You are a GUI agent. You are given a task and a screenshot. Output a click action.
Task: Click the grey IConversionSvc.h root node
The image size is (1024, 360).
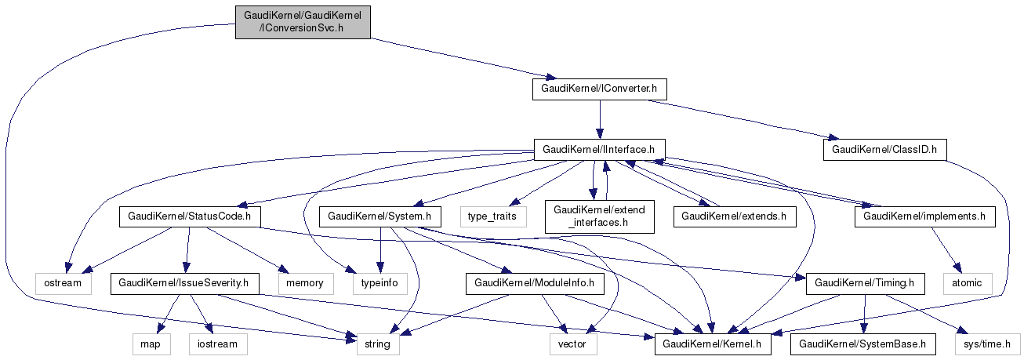pos(302,21)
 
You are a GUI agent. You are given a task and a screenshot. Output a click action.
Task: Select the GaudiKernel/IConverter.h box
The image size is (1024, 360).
pos(600,89)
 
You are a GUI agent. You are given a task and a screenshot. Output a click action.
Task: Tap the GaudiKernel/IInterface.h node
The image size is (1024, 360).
pos(600,148)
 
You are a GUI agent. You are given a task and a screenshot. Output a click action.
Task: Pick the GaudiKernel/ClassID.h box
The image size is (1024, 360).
pos(884,148)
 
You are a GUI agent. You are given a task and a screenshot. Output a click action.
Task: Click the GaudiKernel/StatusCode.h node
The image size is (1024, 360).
pos(190,216)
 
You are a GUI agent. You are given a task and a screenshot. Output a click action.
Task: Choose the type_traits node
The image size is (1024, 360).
pos(493,216)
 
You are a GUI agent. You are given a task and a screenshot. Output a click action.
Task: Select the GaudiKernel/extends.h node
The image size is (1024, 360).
pos(734,216)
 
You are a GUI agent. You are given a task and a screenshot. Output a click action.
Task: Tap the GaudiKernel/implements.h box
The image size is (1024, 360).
pos(924,216)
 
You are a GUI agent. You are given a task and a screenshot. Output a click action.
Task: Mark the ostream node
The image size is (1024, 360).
pos(63,282)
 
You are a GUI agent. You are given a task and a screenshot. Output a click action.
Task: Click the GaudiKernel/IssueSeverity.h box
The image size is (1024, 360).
pos(185,282)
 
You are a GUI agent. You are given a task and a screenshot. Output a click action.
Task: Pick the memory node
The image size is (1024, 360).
pos(300,282)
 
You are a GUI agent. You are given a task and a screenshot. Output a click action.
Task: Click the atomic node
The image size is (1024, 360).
pos(967,282)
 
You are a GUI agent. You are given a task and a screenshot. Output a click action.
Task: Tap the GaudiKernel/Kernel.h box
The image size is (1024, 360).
pos(714,344)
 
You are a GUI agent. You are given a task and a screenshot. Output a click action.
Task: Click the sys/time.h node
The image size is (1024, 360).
pos(987,344)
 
